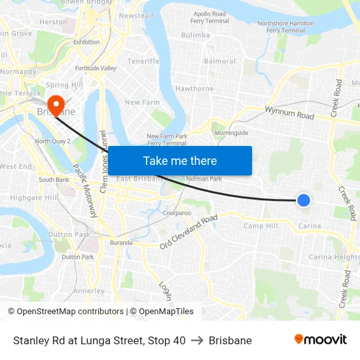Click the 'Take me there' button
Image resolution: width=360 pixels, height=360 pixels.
[x=180, y=161]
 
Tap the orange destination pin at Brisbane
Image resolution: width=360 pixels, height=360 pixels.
[x=56, y=104]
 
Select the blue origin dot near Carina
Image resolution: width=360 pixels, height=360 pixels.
[x=304, y=200]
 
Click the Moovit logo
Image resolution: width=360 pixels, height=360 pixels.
[x=320, y=339]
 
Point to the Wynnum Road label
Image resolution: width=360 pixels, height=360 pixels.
[x=289, y=113]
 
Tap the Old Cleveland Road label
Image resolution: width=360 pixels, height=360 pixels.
[x=189, y=232]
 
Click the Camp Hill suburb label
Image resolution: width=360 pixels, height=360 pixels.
[x=260, y=226]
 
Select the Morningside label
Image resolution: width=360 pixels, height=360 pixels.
[x=232, y=133]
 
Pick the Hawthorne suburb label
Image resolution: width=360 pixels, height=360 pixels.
[x=194, y=89]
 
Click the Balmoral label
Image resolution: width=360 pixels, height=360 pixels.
[x=220, y=62]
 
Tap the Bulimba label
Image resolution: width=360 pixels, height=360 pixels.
[x=195, y=35]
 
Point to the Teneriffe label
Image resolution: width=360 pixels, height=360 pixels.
[x=143, y=62]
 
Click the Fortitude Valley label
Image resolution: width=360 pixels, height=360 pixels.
[x=96, y=68]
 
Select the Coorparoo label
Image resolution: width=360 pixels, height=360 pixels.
[x=177, y=213]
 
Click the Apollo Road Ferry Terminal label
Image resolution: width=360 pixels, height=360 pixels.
[x=209, y=17]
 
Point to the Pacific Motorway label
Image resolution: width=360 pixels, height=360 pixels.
[x=85, y=190]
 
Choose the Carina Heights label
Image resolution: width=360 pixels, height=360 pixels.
[x=334, y=257]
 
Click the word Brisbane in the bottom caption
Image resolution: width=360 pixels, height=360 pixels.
[x=230, y=340]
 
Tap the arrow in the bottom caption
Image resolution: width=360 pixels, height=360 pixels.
[x=197, y=340]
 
